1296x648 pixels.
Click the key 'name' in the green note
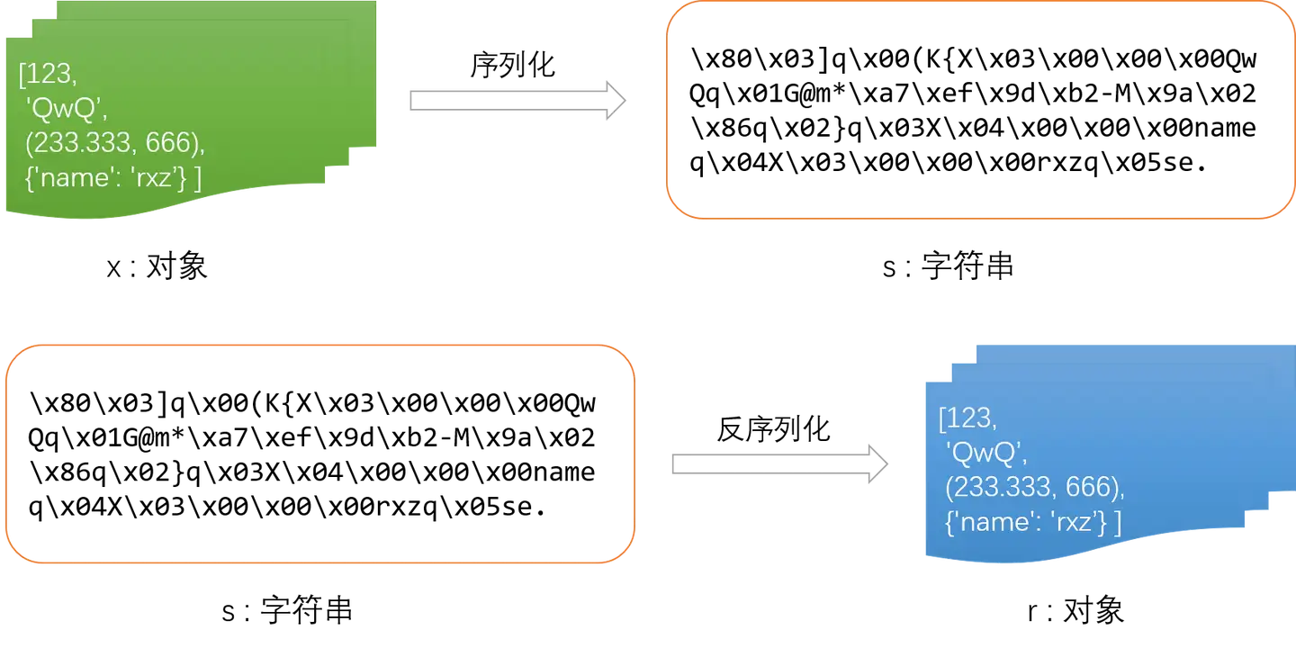tap(77, 178)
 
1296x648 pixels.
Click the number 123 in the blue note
tap(969, 418)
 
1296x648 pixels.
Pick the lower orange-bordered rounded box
tap(321, 454)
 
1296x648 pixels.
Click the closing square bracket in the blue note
tap(1118, 523)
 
